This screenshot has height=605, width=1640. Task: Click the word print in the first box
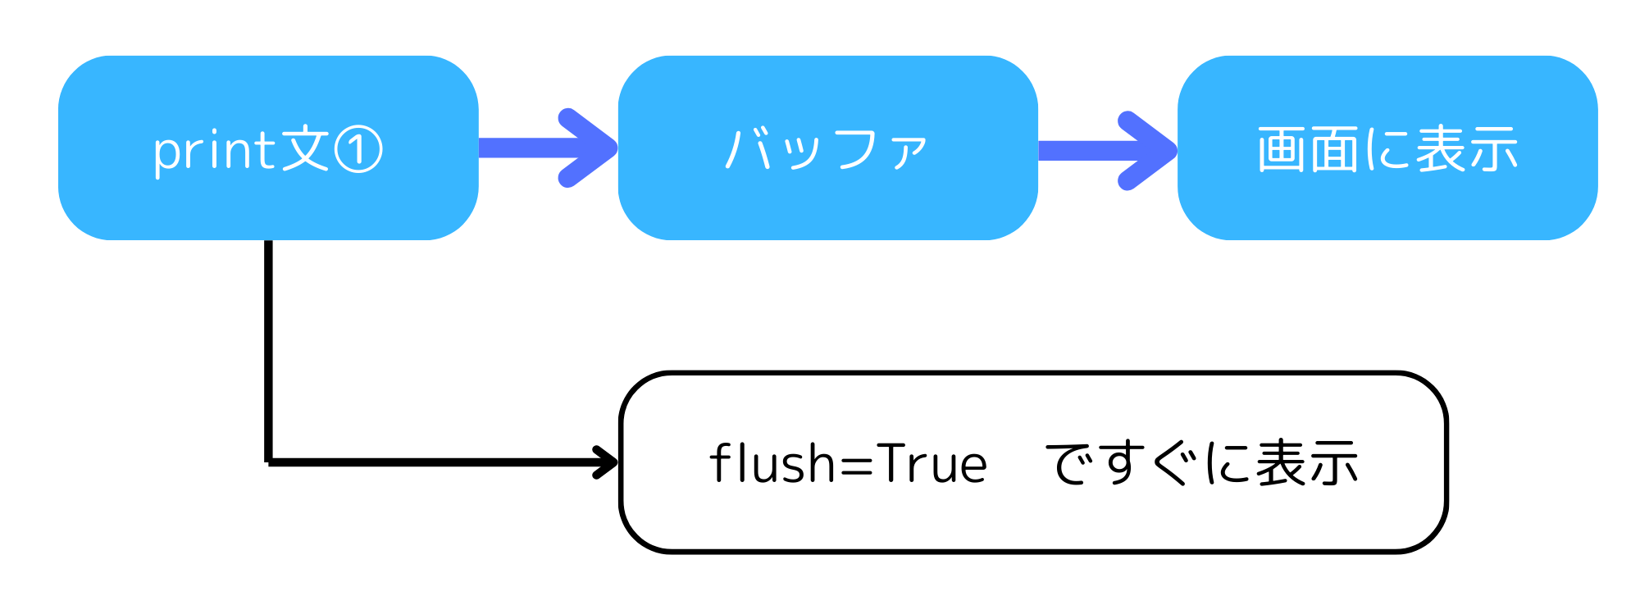pyautogui.click(x=216, y=151)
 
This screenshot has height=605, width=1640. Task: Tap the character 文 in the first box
pyautogui.click(x=305, y=149)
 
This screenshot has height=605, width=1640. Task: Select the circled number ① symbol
pyautogui.click(x=358, y=151)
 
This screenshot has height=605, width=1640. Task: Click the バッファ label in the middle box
pyautogui.click(x=827, y=149)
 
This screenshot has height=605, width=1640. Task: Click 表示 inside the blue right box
pyautogui.click(x=1467, y=149)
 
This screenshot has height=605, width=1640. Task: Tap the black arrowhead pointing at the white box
pyautogui.click(x=607, y=462)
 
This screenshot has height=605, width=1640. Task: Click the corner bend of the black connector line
pyautogui.click(x=269, y=462)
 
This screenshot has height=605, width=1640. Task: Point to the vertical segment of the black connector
pyautogui.click(x=268, y=353)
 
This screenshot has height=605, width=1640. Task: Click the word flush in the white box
pyautogui.click(x=772, y=463)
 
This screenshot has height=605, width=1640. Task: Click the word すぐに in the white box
pyautogui.click(x=1173, y=463)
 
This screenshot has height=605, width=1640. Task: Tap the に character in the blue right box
pyautogui.click(x=1387, y=150)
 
